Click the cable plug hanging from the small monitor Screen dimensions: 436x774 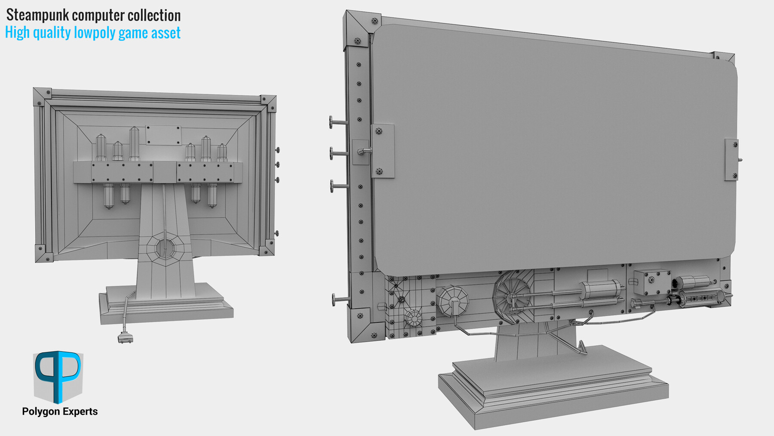pyautogui.click(x=125, y=338)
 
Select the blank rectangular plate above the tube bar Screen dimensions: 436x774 pyautogui.click(x=163, y=135)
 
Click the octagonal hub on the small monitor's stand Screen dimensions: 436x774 pyautogui.click(x=165, y=248)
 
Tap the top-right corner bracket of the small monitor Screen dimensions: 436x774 pyautogui.click(x=268, y=103)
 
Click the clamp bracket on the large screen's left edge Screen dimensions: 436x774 pyautogui.click(x=382, y=151)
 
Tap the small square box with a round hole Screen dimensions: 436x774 pyautogui.click(x=651, y=282)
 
